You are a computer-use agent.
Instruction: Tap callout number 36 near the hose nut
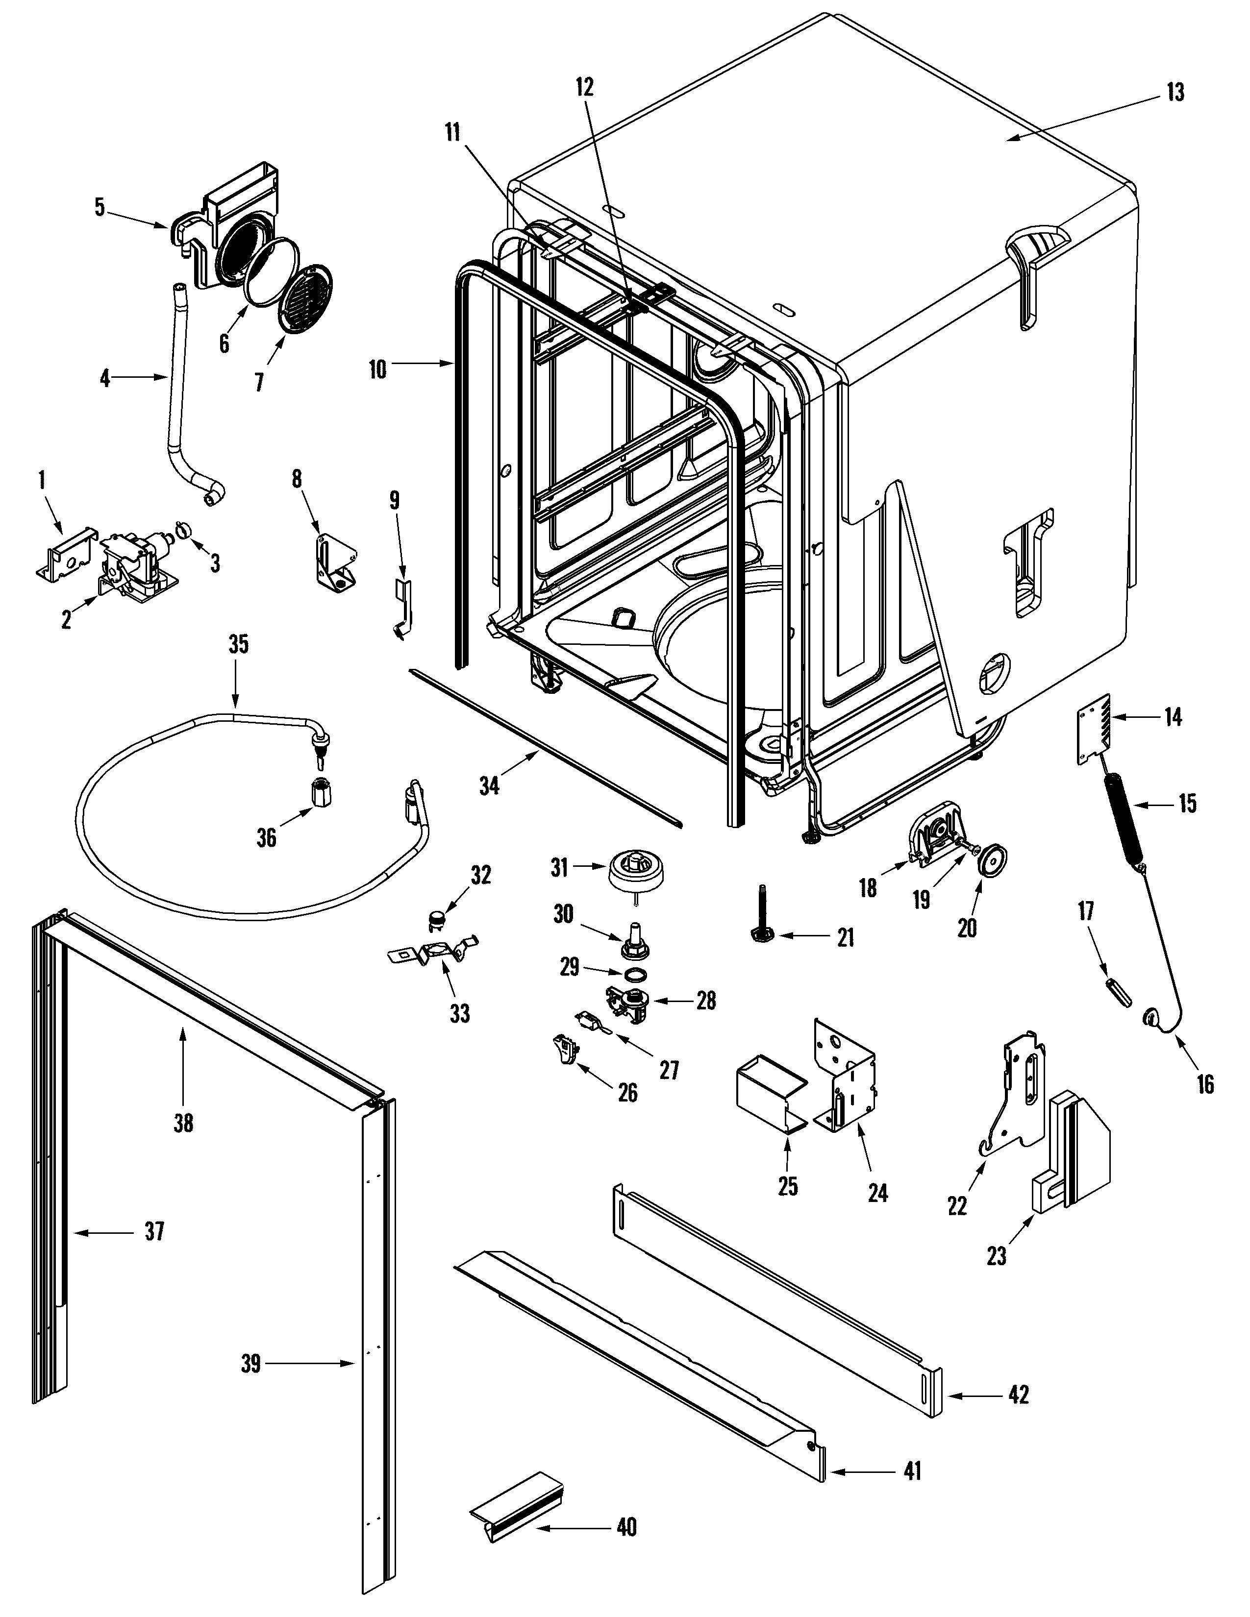coord(266,837)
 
